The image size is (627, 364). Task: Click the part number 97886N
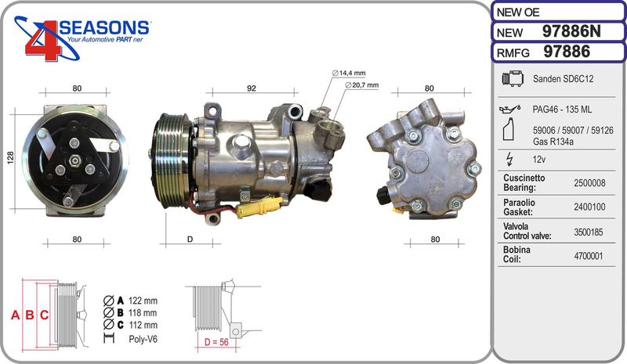571,31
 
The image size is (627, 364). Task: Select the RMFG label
513,52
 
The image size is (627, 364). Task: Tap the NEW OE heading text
518,13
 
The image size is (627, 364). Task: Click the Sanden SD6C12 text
563,79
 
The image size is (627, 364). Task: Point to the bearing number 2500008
589,183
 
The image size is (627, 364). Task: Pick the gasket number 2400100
589,207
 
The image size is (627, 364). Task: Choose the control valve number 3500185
589,232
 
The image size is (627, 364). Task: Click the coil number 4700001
589,256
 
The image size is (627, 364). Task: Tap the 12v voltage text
539,160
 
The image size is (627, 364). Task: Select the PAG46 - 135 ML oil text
562,110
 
